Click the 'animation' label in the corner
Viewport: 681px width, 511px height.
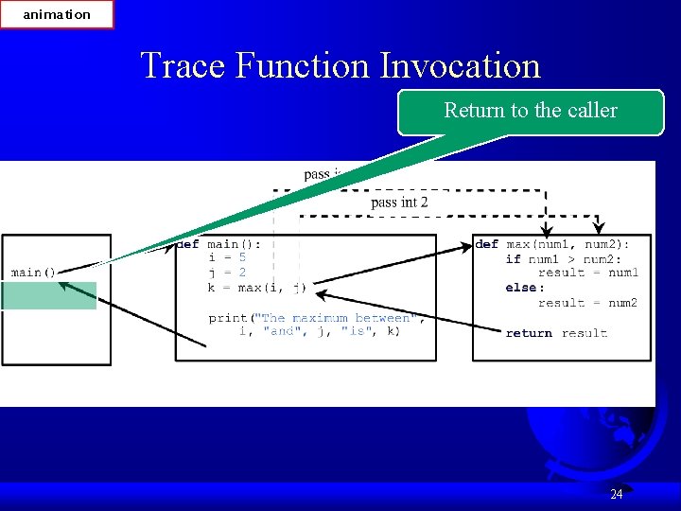click(x=57, y=14)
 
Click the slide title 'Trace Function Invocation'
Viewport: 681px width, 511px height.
click(x=340, y=65)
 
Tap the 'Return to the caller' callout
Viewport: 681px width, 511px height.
click(x=531, y=111)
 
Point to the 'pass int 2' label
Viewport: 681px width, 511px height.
click(x=399, y=202)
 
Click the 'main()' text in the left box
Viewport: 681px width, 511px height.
click(x=33, y=273)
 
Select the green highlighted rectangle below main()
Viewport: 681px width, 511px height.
click(x=48, y=295)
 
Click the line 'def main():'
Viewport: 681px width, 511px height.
click(x=219, y=243)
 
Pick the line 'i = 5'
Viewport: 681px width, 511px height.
click(x=227, y=257)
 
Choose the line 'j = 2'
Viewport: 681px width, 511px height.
click(x=227, y=273)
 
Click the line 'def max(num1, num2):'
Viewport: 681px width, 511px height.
click(x=552, y=244)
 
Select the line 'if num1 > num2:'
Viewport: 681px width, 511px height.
click(x=563, y=258)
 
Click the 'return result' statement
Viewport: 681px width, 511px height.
click(x=556, y=333)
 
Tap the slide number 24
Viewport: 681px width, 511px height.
click(x=616, y=494)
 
